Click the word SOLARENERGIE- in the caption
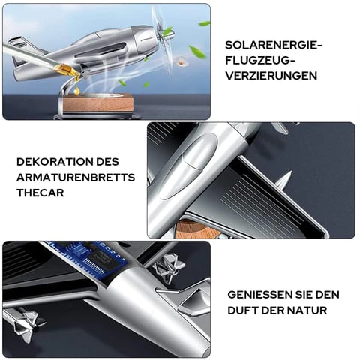(x=274, y=46)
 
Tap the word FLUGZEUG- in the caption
(x=259, y=61)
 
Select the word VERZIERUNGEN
(x=271, y=76)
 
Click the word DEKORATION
(x=55, y=162)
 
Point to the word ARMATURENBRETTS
(x=76, y=178)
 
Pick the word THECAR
(x=40, y=193)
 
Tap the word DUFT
(x=243, y=310)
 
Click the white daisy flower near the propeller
(x=180, y=61)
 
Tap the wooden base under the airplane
(x=97, y=104)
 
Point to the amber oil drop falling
(x=77, y=91)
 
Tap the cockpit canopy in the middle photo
(x=188, y=166)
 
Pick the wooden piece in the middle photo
(x=195, y=229)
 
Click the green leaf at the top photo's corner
(x=204, y=24)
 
